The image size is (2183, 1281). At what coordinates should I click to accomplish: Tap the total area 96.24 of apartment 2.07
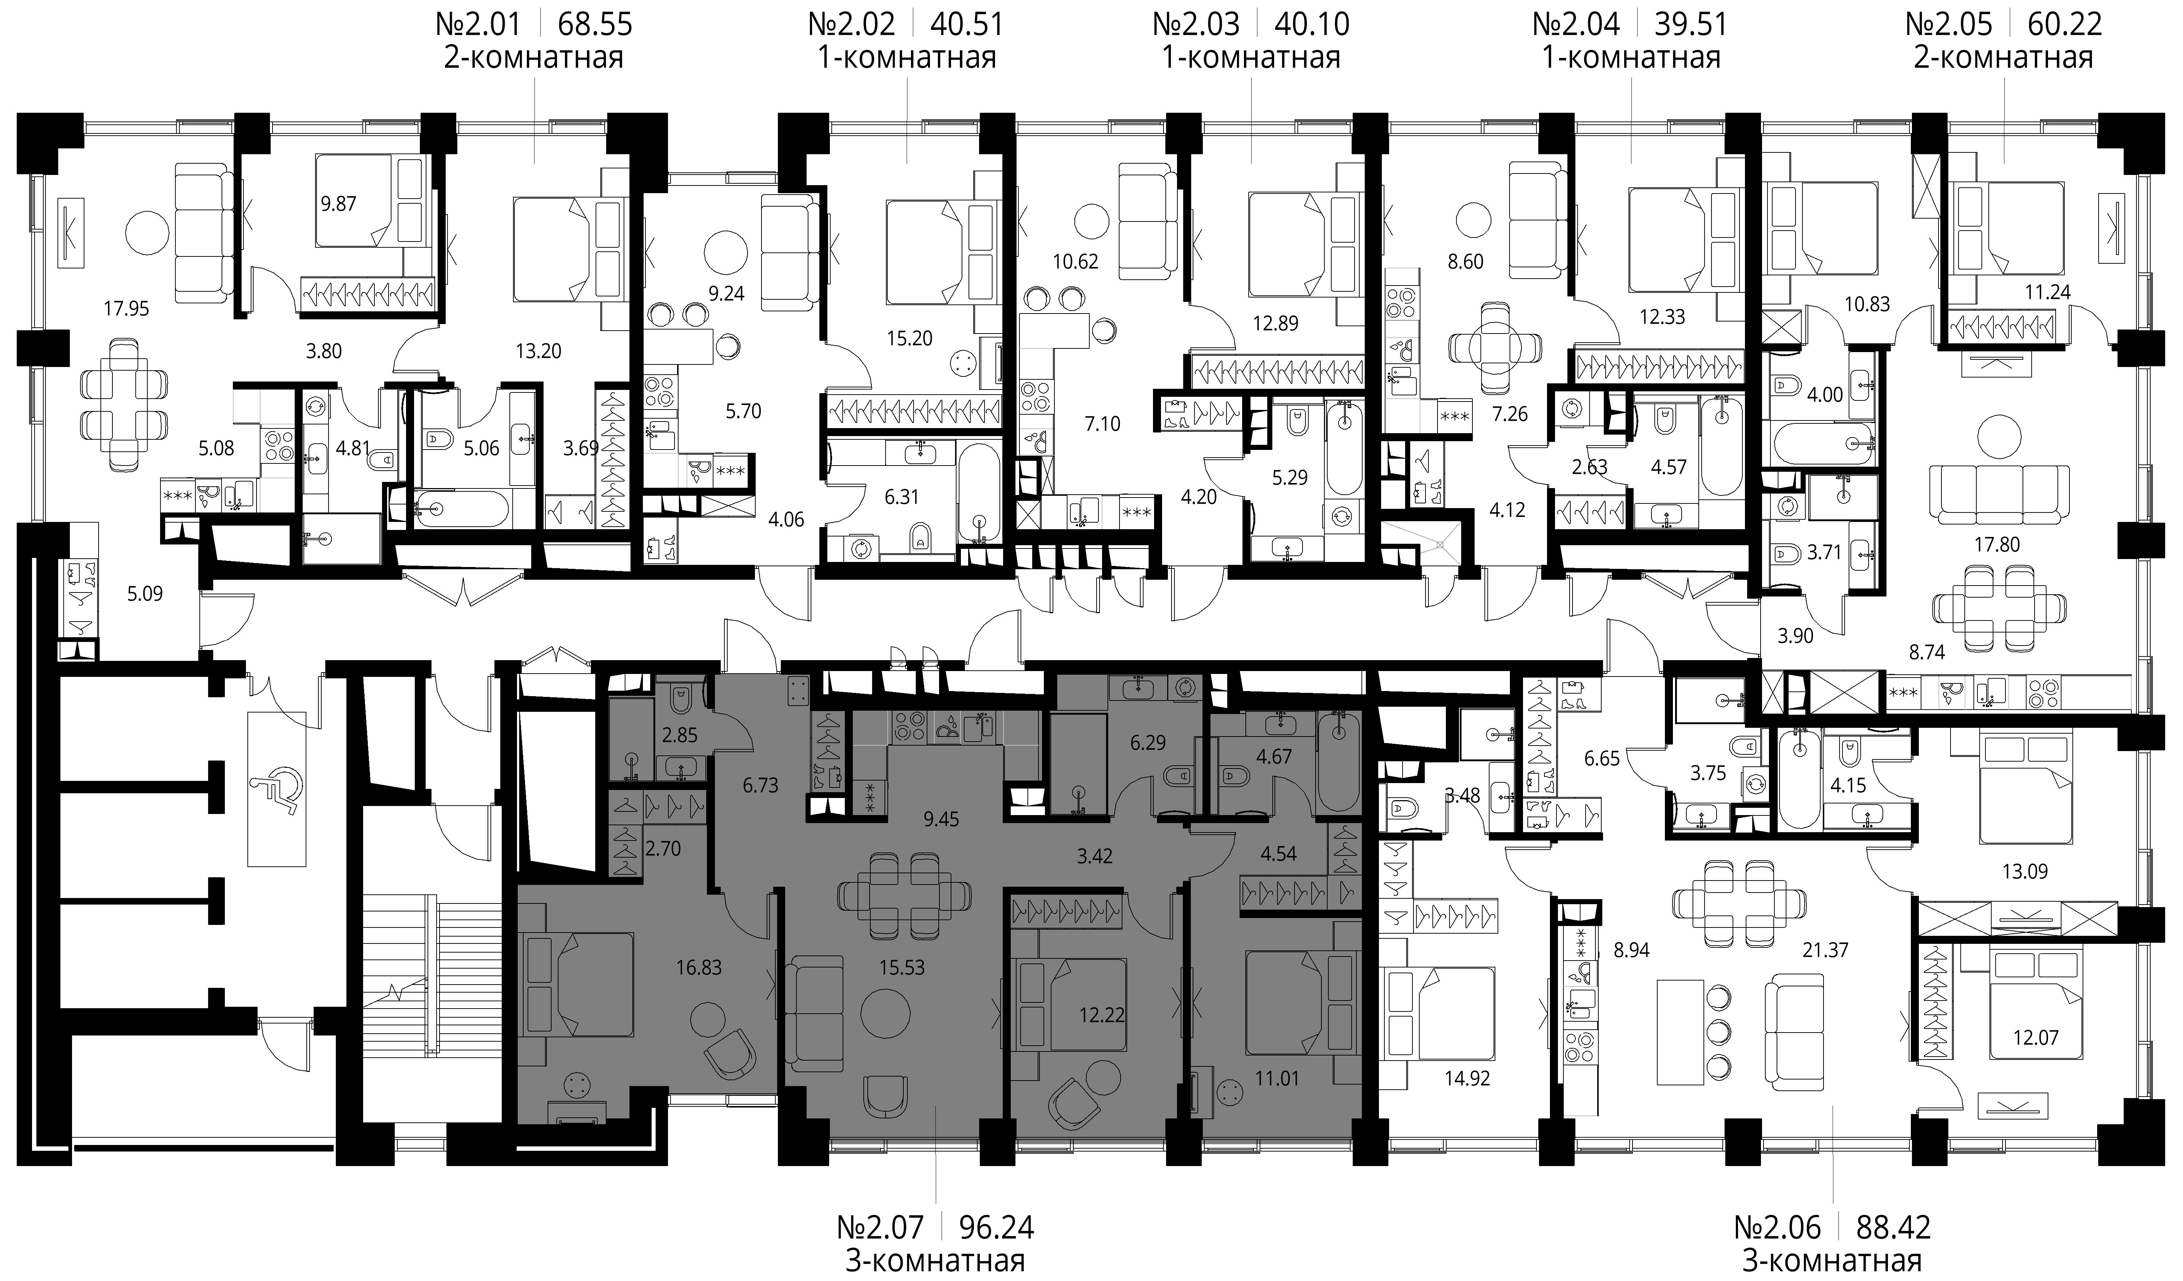coord(996,1227)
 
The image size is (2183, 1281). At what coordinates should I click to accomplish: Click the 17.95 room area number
coord(127,308)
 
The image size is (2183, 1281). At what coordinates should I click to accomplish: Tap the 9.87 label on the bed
coord(338,204)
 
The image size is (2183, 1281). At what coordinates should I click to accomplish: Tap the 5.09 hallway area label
coord(145,594)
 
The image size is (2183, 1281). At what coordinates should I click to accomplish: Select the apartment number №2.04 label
coord(1576,23)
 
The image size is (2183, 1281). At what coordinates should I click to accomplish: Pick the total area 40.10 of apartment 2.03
coord(1312,23)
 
